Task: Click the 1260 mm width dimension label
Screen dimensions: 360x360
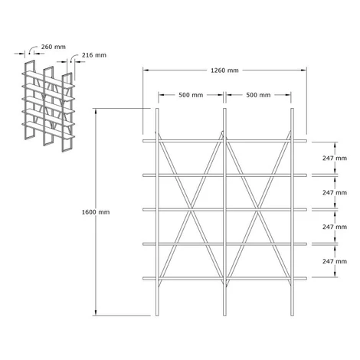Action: [224, 70]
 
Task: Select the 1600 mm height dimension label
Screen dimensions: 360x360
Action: [96, 212]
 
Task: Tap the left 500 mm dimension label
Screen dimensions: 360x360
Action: [191, 95]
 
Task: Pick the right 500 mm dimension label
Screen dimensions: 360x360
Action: [258, 95]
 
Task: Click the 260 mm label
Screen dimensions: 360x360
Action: [54, 47]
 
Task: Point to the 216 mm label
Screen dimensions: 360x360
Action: [94, 55]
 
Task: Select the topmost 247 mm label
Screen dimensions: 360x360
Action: [335, 158]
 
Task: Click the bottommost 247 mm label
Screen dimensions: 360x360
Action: [335, 261]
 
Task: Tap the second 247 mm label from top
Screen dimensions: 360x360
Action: [335, 192]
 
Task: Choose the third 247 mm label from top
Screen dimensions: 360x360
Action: [335, 227]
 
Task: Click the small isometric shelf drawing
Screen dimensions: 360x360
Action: [48, 106]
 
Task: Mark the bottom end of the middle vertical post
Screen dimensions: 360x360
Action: [224, 316]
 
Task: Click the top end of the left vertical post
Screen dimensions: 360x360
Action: [157, 109]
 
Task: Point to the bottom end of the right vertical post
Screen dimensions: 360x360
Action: [293, 316]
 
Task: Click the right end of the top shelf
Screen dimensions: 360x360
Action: [306, 141]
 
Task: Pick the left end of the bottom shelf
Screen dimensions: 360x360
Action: [144, 278]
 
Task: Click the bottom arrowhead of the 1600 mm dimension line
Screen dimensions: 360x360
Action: [96, 313]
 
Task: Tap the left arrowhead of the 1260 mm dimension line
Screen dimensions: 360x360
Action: [146, 70]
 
